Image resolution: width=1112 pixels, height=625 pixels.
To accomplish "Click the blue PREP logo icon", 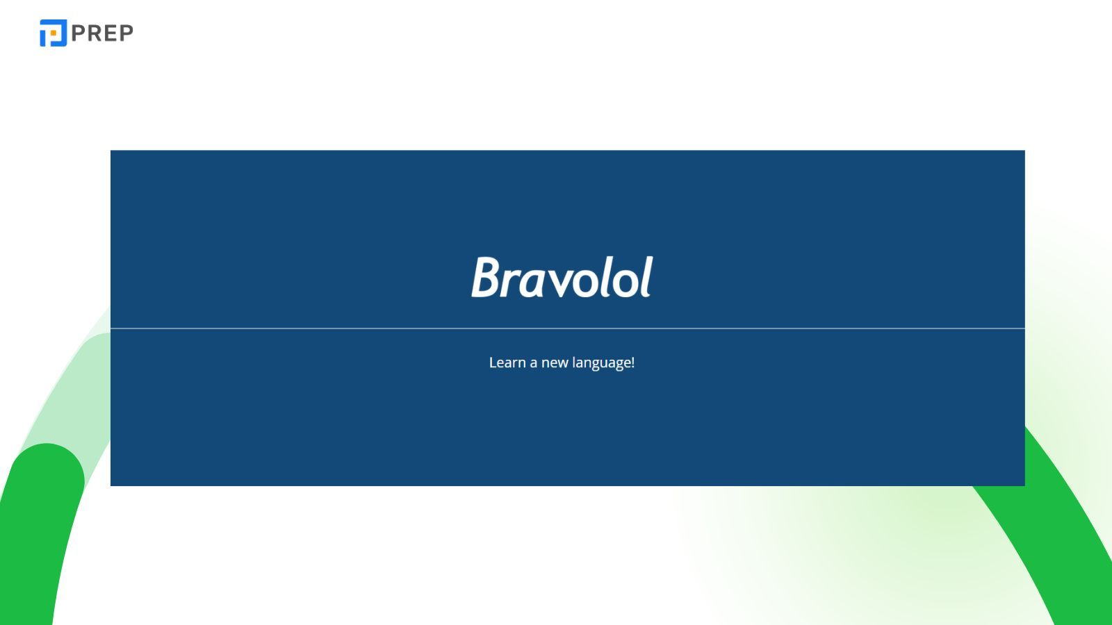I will point(53,33).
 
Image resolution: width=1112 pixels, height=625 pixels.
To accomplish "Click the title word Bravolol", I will point(562,278).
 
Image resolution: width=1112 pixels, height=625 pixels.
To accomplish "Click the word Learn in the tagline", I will point(507,362).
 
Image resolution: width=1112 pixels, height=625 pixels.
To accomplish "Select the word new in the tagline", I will point(555,363).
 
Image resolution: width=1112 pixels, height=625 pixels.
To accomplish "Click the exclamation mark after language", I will point(632,362).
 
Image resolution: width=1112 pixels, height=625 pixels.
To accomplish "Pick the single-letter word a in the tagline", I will point(533,363).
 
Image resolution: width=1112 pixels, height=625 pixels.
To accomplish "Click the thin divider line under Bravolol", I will point(567,328).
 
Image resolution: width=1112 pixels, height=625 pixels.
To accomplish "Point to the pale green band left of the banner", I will point(76,389).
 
